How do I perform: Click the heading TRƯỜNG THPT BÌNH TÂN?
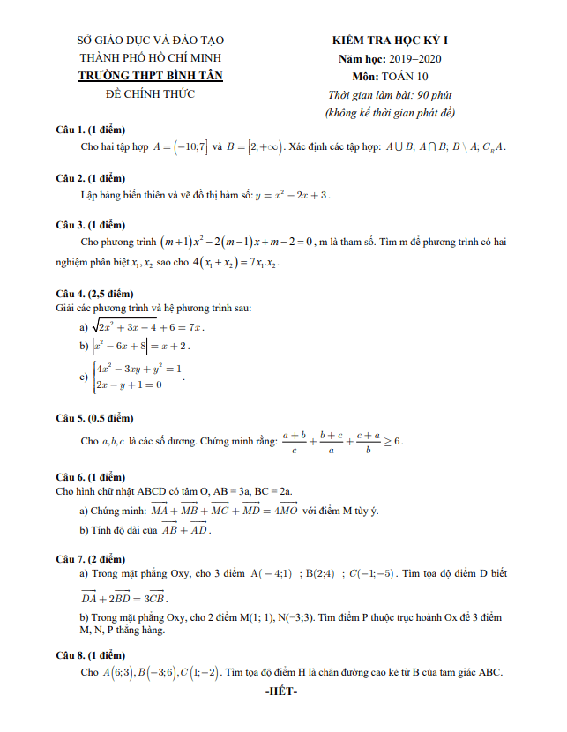[x=151, y=76]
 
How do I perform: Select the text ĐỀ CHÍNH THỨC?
[x=151, y=93]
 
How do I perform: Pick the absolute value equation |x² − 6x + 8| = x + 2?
[x=145, y=346]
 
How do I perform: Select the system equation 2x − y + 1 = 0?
[x=129, y=385]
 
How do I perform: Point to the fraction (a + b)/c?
[x=293, y=441]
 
